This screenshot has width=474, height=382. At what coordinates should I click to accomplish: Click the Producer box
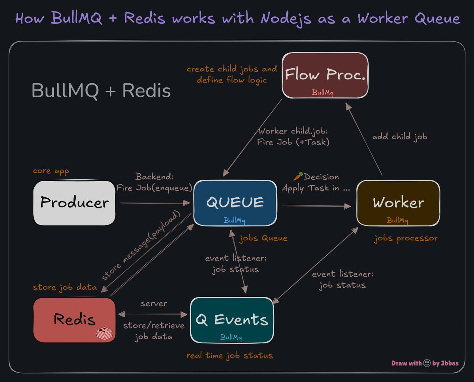coord(74,203)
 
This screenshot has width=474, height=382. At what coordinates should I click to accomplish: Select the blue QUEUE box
coord(235,203)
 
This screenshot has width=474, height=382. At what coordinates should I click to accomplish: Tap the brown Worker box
coord(398,203)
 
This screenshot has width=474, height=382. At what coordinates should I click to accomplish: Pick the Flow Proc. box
coord(325,75)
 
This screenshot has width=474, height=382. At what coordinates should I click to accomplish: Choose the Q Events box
coord(232,320)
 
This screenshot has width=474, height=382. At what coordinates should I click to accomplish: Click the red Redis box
coord(74,320)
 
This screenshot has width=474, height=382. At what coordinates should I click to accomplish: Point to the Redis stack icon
coord(104,333)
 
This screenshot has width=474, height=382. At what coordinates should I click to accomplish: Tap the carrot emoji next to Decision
coord(298,176)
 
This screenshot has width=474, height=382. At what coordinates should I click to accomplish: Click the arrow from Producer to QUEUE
coord(155,203)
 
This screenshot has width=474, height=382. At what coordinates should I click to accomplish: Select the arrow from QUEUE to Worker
coord(317,206)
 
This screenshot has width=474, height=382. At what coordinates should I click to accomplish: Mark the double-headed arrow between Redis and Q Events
coord(152,314)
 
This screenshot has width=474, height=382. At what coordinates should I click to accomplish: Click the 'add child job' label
coord(400,137)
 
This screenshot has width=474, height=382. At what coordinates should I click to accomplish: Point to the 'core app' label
coord(51,171)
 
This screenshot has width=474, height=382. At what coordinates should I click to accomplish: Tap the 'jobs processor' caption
coord(406,238)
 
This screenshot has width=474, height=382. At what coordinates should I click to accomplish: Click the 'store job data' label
coord(65,287)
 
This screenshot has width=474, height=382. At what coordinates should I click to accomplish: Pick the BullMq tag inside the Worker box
coord(397,220)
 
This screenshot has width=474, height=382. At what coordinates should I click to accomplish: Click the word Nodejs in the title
coord(286,18)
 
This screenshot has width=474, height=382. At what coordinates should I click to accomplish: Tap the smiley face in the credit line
coord(427,363)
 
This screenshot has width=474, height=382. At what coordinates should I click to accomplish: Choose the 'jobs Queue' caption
coord(263,238)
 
